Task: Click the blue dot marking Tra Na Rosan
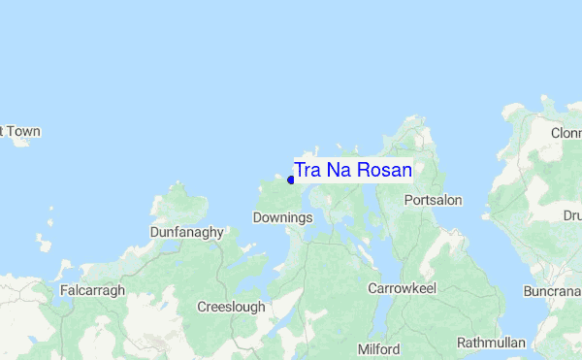click(x=291, y=180)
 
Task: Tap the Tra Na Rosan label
click(x=353, y=170)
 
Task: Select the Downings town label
click(x=282, y=217)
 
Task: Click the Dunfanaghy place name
click(x=187, y=233)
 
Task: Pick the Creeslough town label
click(x=231, y=307)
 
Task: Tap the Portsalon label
click(x=433, y=200)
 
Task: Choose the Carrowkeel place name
click(x=403, y=288)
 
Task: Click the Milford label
click(x=378, y=348)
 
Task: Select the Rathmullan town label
click(x=491, y=343)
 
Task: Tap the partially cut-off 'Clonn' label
click(x=565, y=133)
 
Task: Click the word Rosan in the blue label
click(x=385, y=170)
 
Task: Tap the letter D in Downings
click(x=257, y=217)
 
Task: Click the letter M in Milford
click(x=363, y=348)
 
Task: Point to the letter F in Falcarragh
click(x=63, y=290)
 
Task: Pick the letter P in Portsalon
click(x=407, y=200)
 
